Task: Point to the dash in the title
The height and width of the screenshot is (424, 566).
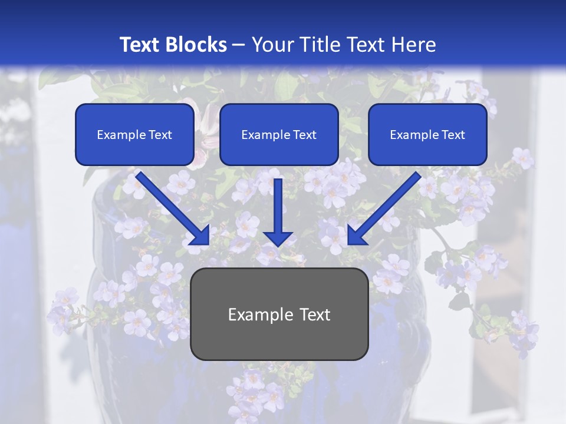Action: tap(239, 45)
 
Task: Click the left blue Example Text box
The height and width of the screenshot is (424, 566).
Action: tap(134, 134)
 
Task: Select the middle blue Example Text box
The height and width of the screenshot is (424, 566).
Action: tap(279, 134)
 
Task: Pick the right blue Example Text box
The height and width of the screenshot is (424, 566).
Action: tap(427, 134)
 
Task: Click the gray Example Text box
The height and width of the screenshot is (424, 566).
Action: tap(279, 314)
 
